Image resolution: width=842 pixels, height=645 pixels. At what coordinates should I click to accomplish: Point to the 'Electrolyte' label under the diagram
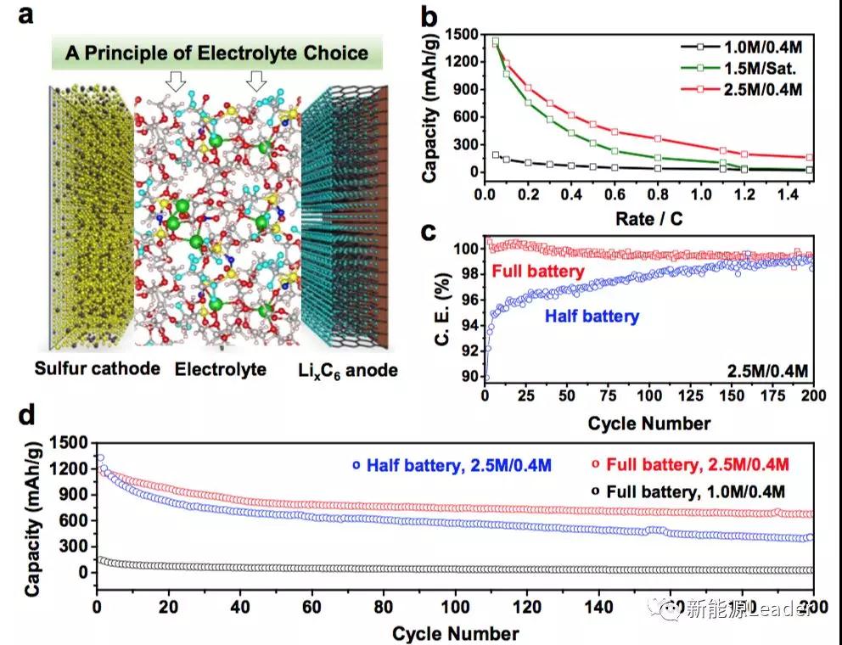220,370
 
